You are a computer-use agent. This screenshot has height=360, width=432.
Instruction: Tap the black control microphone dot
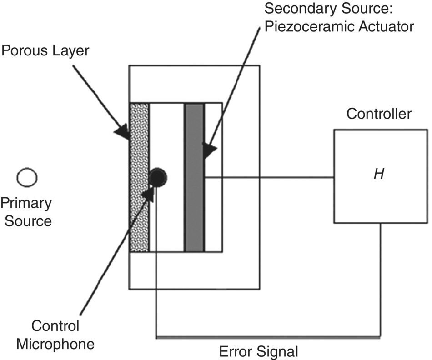pos(158,177)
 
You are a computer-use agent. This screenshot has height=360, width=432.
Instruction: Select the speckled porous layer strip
pos(139,177)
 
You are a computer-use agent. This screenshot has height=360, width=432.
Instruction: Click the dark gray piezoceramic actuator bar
pos(194,177)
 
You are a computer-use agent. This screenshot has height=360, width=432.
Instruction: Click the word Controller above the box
pos(379,114)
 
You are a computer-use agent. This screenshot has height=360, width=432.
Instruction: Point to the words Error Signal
pos(259,351)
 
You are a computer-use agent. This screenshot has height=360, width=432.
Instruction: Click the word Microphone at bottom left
pos(55,344)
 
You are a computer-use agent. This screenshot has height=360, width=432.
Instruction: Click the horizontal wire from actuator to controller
pos(268,177)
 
